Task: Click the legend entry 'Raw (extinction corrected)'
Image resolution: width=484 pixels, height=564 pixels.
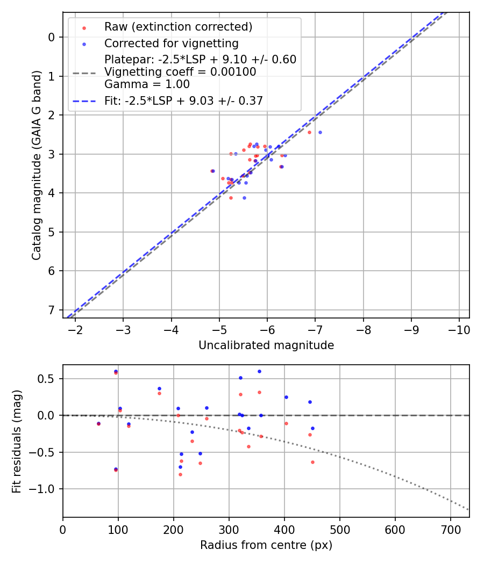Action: click(178, 27)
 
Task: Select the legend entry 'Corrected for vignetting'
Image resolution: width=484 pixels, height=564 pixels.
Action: click(171, 43)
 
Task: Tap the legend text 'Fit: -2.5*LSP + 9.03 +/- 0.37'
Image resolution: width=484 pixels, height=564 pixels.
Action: click(183, 100)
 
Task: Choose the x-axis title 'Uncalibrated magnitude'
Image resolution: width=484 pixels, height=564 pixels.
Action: click(266, 345)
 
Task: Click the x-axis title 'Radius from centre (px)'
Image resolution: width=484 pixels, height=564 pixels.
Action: click(266, 545)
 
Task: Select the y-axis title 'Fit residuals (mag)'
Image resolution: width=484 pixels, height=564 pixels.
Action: click(16, 441)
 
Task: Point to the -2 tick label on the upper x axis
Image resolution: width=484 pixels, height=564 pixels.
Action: click(75, 329)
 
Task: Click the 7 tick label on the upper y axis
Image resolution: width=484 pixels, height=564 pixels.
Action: click(51, 310)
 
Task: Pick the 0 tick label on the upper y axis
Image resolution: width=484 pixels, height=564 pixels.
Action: click(51, 37)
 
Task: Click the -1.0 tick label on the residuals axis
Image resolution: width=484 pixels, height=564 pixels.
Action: click(45, 489)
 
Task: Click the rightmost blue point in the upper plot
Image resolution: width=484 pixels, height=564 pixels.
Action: click(320, 132)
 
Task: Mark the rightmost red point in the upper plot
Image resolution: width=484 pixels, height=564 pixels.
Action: click(309, 132)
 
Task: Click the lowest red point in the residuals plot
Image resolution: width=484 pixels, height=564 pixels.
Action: click(180, 474)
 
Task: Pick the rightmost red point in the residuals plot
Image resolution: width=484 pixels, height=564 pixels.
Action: click(312, 462)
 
